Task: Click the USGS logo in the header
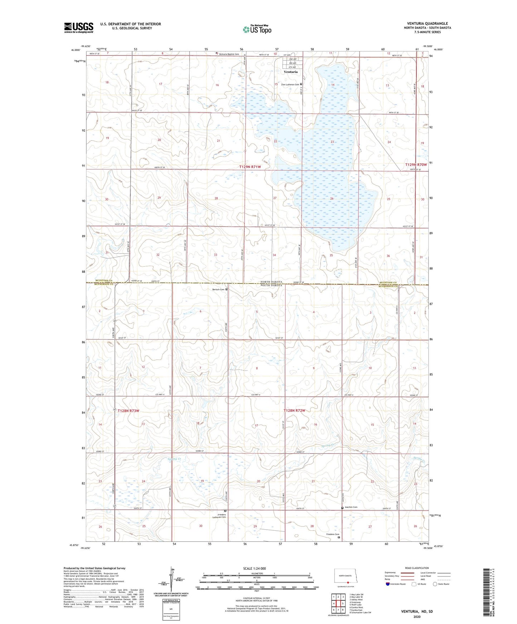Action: click(79, 28)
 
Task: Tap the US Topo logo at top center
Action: click(257, 29)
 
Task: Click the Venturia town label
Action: click(291, 72)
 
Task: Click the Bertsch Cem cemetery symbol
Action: click(226, 289)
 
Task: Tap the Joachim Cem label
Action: click(351, 507)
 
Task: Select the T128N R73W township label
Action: click(128, 411)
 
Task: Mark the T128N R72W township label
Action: click(294, 411)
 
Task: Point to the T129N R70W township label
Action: click(416, 165)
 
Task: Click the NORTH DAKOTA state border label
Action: click(271, 282)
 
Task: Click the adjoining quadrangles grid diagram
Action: click(338, 604)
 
